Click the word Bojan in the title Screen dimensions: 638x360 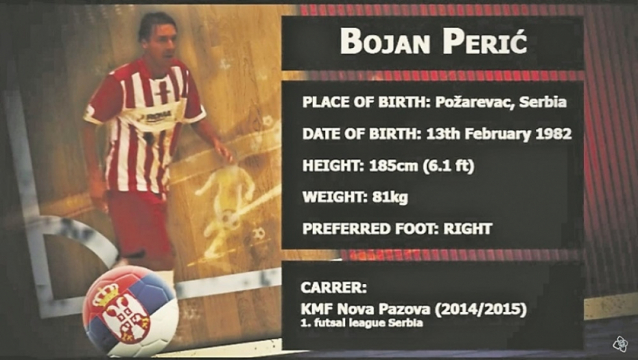(x=385, y=42)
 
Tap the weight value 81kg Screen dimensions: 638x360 (x=390, y=197)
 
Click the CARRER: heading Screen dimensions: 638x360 (x=333, y=287)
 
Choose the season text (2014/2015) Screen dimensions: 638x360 (x=480, y=309)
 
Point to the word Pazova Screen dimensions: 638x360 (x=404, y=309)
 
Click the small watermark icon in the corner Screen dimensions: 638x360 (x=620, y=343)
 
